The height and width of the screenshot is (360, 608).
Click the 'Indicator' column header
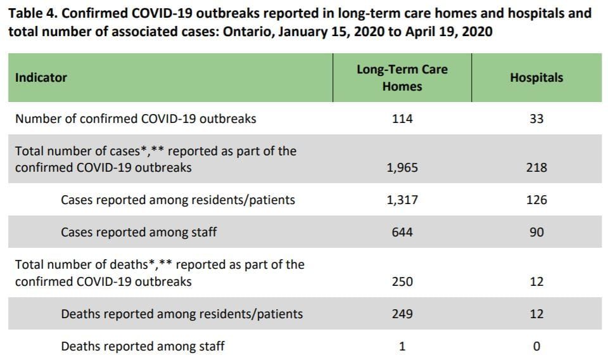click(41, 78)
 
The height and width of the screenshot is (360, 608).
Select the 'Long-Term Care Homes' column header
click(402, 78)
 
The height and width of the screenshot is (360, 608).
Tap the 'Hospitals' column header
click(536, 78)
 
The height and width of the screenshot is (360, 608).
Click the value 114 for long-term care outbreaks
click(402, 119)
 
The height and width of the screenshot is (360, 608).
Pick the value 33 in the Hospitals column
click(536, 119)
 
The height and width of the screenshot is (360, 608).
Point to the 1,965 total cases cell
click(402, 168)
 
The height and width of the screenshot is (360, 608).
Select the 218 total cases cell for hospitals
click(536, 168)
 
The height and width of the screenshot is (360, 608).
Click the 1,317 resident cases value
click(402, 200)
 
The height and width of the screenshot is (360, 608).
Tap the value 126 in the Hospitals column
click(536, 200)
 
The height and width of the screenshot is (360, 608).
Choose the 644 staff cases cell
click(402, 233)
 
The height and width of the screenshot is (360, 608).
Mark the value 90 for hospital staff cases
click(536, 233)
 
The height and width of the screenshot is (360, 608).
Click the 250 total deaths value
click(402, 281)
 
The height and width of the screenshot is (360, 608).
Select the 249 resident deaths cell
click(402, 314)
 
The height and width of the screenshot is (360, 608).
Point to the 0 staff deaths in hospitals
click(536, 347)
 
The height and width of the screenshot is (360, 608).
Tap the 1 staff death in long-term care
click(402, 347)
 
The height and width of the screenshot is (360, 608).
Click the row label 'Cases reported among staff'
click(139, 233)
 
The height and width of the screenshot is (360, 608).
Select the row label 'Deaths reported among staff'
click(142, 347)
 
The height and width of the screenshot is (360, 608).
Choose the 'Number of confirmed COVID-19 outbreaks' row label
click(136, 119)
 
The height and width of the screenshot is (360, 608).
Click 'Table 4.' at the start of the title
click(33, 13)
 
